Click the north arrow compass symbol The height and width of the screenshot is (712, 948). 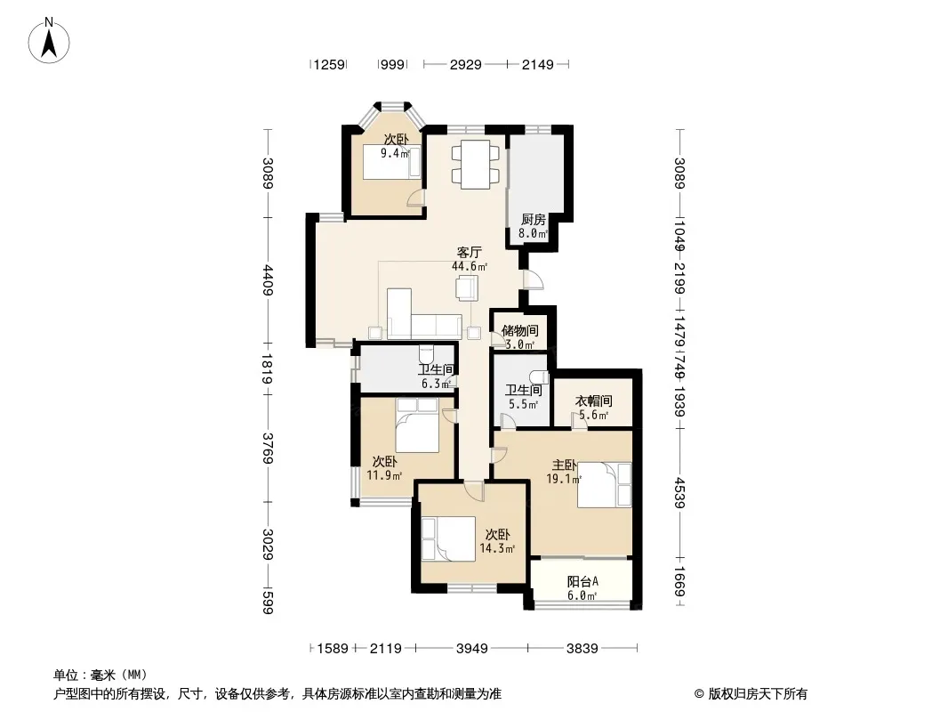coord(49,40)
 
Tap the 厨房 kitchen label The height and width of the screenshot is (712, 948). coord(534,220)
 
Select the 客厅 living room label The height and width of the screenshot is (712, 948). coord(470,252)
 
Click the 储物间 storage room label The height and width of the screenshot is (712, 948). coord(520,330)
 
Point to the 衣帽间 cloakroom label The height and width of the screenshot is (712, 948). coord(593,400)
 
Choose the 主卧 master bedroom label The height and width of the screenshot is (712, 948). coord(564,465)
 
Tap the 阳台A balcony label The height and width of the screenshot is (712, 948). coord(582,582)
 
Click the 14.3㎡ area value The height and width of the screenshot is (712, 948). coord(497,548)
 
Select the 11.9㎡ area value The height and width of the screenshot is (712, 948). coord(384,475)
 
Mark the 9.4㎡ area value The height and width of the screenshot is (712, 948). coord(395,153)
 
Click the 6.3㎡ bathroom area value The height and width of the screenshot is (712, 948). coord(436,384)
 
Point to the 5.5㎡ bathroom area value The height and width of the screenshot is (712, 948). coord(523,404)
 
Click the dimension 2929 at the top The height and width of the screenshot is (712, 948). coord(465,64)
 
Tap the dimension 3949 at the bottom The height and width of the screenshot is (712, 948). coord(472,649)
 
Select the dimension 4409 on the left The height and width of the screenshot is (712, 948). coord(268,280)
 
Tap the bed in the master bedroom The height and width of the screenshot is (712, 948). coord(604,485)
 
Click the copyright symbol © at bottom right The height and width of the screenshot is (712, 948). coord(699,694)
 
